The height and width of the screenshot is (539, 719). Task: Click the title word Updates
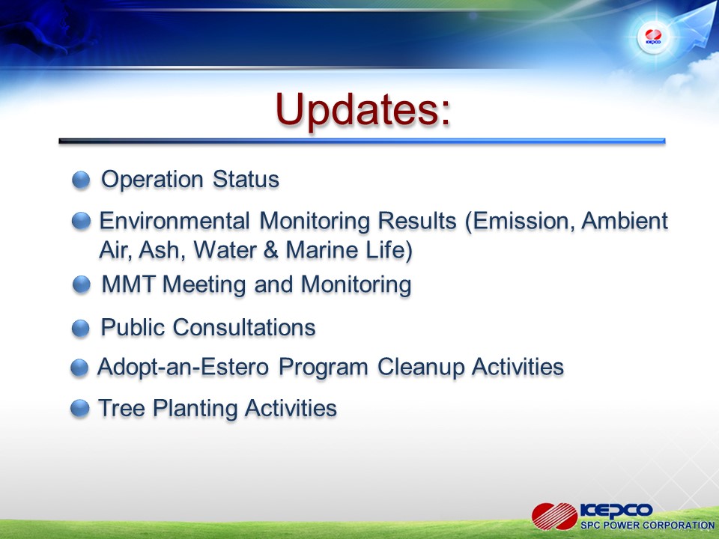point(358,109)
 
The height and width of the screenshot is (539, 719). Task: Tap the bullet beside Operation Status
point(81,180)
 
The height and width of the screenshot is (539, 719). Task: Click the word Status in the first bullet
point(246,179)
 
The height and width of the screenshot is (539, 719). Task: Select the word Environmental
point(175,220)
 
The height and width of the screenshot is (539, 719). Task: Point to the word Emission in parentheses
point(521,221)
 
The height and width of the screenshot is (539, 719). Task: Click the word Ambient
point(625,220)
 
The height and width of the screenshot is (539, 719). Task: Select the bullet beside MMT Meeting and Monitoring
point(82,284)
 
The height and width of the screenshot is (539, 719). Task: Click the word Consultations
point(244,327)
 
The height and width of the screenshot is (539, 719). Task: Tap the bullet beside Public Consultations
point(81,328)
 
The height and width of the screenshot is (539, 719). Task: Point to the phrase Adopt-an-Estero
point(183,367)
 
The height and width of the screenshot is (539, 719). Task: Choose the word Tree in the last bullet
point(121,408)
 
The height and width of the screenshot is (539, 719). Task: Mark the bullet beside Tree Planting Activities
point(80,408)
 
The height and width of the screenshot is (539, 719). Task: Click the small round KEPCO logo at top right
point(653,37)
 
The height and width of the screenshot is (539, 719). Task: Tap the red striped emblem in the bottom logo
point(554,516)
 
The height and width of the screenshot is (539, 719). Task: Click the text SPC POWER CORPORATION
point(647,526)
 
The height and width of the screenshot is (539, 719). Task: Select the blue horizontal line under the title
point(362,141)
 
